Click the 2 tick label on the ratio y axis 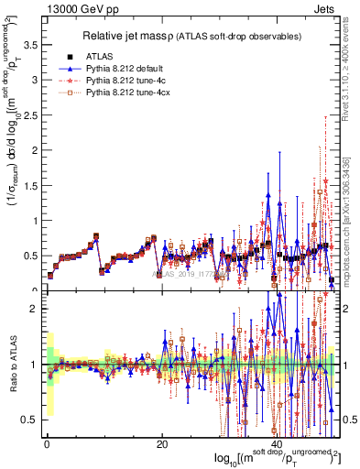pos(35,309)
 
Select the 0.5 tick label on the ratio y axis pos(30,419)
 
